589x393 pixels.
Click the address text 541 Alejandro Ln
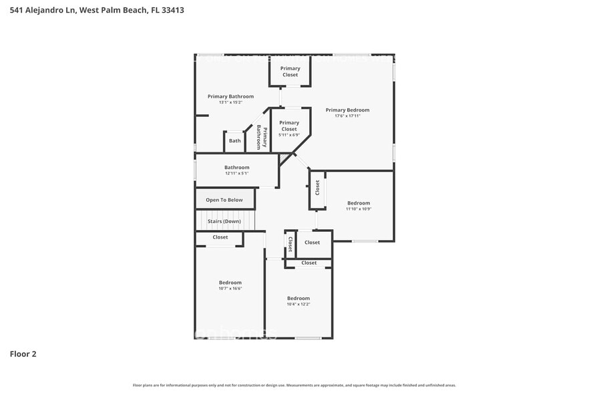coord(38,10)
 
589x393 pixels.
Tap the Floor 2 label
coord(23,354)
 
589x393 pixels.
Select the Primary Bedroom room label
coord(347,110)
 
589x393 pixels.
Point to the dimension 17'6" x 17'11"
coord(347,116)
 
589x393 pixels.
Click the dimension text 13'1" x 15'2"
coord(230,102)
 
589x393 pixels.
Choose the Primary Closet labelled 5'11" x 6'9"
coord(289,126)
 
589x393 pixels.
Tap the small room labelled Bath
coord(235,141)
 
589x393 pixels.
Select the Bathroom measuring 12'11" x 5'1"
coord(236,170)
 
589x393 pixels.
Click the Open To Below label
coord(224,200)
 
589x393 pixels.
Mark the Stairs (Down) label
coord(224,221)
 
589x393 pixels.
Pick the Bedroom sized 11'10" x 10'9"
coord(358,205)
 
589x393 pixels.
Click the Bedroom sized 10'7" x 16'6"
coord(230,285)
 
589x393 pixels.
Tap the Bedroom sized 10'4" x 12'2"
coord(299,300)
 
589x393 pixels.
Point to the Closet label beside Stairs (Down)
coord(220,237)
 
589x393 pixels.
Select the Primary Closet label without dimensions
coord(290,72)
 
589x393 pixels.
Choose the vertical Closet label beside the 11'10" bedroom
coord(317,188)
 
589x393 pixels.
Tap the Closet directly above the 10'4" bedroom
coord(309,263)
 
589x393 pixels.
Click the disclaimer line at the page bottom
coord(294,385)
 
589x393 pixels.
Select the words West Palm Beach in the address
coord(112,10)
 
